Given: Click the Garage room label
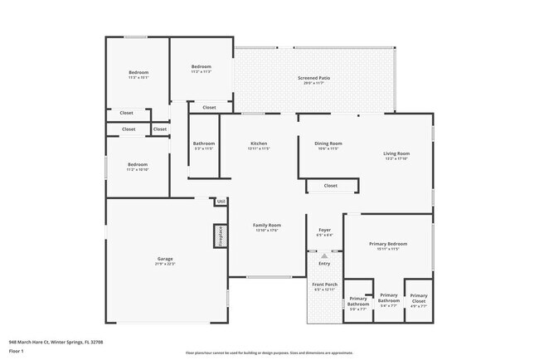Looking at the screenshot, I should tap(165, 260).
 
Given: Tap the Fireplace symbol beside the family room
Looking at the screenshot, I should tap(221, 236).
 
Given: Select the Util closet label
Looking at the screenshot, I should tap(221, 202).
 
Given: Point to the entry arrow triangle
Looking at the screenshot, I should tap(324, 256).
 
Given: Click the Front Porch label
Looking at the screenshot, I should tap(324, 285).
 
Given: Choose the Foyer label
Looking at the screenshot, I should tap(324, 230).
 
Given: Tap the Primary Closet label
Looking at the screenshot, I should tap(419, 296).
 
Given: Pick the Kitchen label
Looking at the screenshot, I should tap(259, 144).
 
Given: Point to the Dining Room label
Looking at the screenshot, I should tap(328, 144).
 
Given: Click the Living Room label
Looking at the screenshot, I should tap(396, 153).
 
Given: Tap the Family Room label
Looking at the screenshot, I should tap(267, 226).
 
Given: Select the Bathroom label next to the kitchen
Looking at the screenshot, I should tap(204, 144).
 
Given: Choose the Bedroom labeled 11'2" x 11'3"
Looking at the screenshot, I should tap(202, 66).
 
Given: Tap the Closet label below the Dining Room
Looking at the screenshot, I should tap(330, 186).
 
